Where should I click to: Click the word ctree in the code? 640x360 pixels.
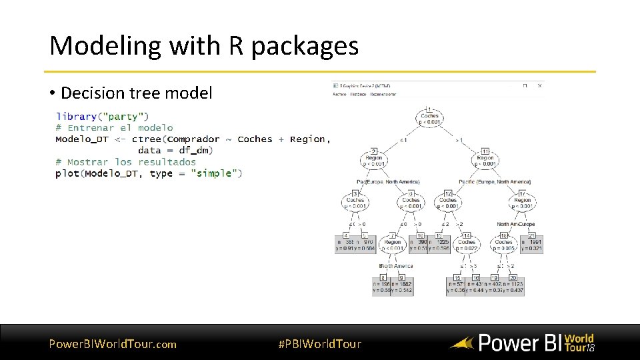[146, 139]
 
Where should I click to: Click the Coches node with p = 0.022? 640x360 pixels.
[467, 245]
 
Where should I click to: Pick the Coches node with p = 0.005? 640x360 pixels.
[504, 245]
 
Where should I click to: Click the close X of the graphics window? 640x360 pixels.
[539, 86]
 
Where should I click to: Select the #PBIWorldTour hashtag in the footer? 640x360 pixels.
[319, 344]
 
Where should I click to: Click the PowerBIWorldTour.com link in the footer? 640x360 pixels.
[113, 344]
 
